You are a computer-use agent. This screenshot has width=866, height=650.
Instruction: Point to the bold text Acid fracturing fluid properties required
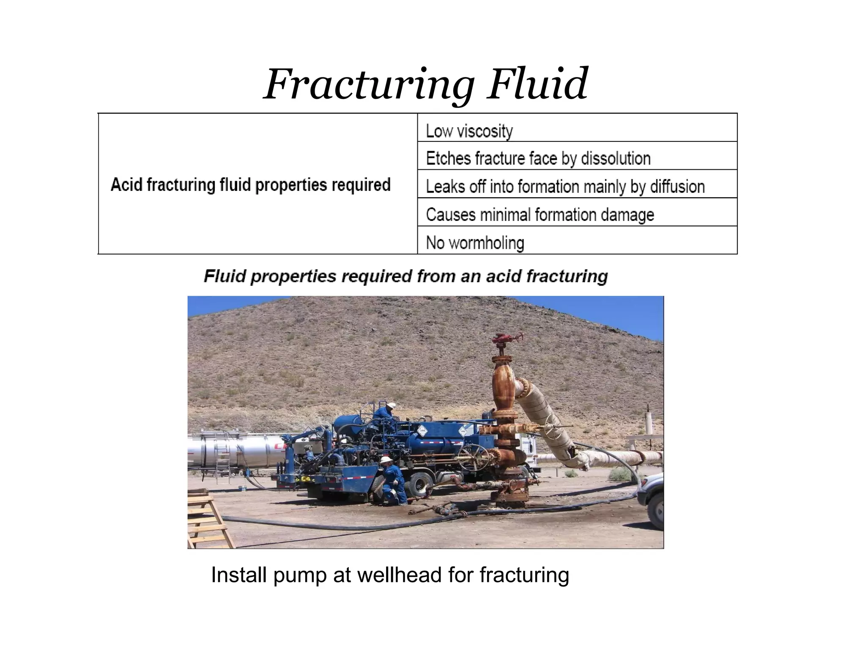250,185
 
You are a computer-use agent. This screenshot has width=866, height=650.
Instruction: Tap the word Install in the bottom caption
239,575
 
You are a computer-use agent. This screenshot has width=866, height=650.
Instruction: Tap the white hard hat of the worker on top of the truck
391,405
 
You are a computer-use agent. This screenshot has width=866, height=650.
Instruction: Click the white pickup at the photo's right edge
653,499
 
